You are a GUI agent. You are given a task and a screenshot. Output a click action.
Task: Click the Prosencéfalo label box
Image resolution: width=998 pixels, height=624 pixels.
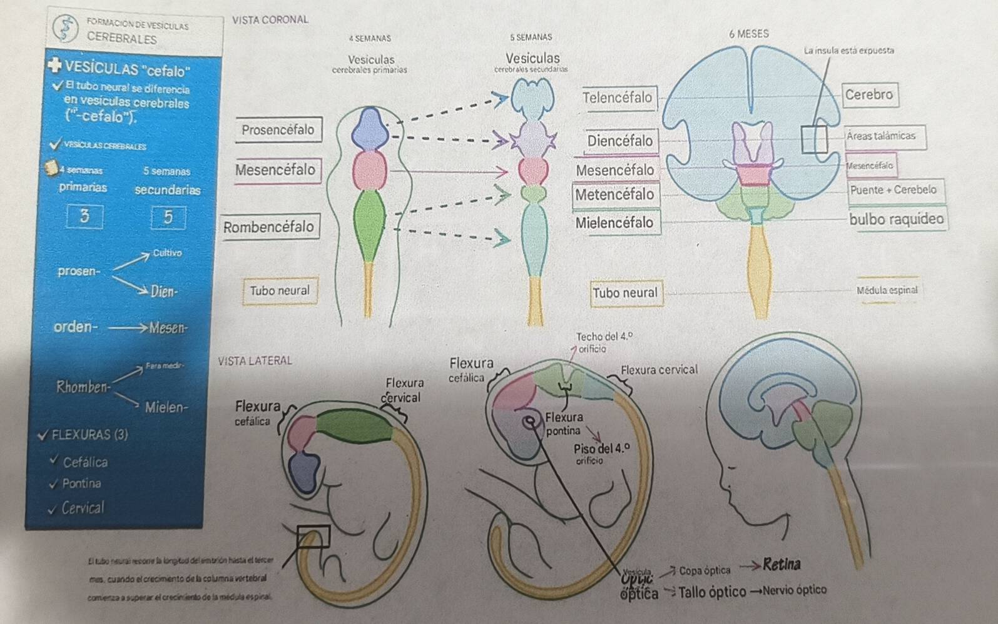tap(278, 129)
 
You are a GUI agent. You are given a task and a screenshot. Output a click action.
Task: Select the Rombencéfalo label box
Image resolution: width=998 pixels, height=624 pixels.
tap(269, 227)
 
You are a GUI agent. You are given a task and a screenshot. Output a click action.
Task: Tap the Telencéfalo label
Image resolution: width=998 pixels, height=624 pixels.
tap(618, 98)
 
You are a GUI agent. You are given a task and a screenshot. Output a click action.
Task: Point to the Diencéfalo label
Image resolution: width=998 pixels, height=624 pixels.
tap(619, 141)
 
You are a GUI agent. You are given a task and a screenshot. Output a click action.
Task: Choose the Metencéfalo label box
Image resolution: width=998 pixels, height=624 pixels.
tap(614, 194)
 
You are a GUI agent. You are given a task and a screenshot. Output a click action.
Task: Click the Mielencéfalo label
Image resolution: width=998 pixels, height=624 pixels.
tap(614, 223)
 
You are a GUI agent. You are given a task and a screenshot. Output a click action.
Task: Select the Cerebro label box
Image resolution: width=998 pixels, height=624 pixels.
tap(868, 95)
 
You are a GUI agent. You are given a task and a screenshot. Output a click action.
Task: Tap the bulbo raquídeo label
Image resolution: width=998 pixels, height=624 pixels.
tap(896, 219)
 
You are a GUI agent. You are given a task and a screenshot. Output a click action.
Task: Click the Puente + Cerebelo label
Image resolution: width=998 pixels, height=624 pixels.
tap(893, 190)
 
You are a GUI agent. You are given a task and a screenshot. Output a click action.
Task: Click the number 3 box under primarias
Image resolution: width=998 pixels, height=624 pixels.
tap(84, 216)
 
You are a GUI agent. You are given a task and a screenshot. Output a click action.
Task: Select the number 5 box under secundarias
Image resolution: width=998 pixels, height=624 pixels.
tap(168, 217)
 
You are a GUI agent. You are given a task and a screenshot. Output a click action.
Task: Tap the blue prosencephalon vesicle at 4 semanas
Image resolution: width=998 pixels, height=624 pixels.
tap(370, 128)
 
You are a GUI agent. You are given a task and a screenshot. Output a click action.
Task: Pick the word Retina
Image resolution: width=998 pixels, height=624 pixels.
tap(782, 565)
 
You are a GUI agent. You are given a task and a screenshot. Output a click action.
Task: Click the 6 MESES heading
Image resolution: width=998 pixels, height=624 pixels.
tap(749, 34)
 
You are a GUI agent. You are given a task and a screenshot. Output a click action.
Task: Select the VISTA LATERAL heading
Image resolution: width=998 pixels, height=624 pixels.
tap(255, 361)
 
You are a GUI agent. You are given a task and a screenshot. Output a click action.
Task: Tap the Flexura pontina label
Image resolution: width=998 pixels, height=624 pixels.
tap(563, 423)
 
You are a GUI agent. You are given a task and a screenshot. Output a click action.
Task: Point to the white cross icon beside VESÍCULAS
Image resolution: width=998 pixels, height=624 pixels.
tap(55, 66)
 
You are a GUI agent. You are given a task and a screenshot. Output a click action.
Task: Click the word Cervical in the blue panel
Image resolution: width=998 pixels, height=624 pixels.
tap(83, 508)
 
